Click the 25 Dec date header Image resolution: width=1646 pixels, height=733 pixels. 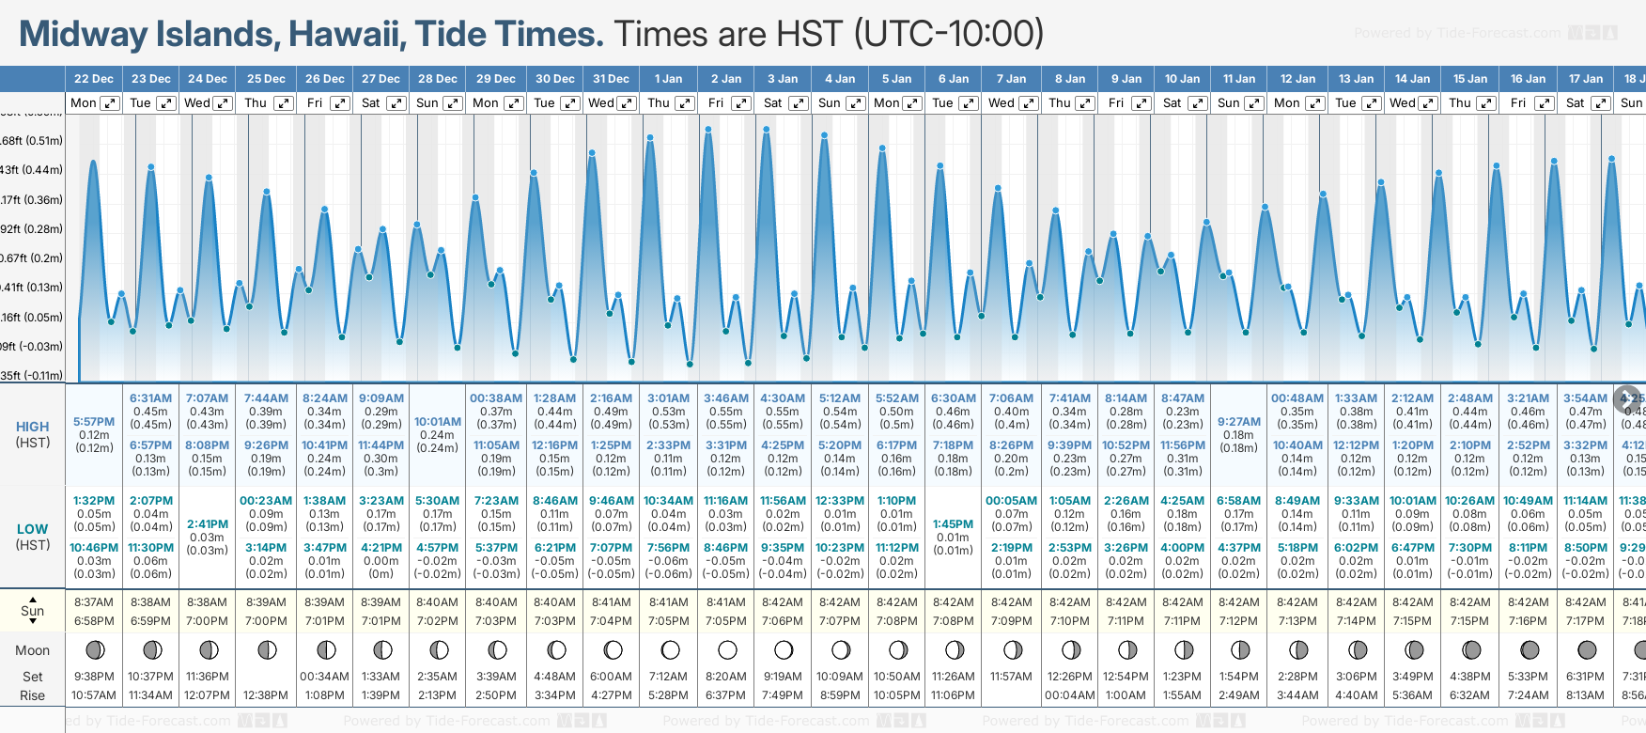pyautogui.click(x=266, y=79)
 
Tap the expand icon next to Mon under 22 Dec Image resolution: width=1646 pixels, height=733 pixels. pyautogui.click(x=110, y=103)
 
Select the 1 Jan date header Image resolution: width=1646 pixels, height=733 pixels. pyautogui.click(x=669, y=79)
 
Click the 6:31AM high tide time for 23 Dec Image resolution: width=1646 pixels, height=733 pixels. pyautogui.click(x=151, y=398)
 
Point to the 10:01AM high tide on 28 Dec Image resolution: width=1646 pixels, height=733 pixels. pyautogui.click(x=438, y=422)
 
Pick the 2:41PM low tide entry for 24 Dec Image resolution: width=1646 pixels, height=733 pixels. pyautogui.click(x=207, y=524)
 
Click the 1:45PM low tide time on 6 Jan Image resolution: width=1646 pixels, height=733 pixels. pyautogui.click(x=954, y=524)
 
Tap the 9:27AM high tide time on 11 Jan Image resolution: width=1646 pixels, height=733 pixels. pyautogui.click(x=1239, y=422)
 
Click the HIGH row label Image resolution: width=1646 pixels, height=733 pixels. pyautogui.click(x=33, y=427)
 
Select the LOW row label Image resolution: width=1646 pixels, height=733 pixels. pyautogui.click(x=33, y=529)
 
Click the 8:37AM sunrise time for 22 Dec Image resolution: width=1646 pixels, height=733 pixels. pyautogui.click(x=94, y=602)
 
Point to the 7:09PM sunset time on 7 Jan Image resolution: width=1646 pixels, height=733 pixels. pyautogui.click(x=1011, y=621)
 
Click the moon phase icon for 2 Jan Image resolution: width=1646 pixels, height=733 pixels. pyautogui.click(x=727, y=649)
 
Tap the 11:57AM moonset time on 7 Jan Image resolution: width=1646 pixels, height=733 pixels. pyautogui.click(x=1011, y=677)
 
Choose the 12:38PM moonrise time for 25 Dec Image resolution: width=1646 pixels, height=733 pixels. pyautogui.click(x=266, y=695)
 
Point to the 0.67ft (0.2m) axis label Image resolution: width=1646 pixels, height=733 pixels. pyautogui.click(x=32, y=258)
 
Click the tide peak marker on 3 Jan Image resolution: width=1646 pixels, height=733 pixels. pyautogui.click(x=768, y=129)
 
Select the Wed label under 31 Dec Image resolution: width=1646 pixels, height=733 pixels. pyautogui.click(x=601, y=103)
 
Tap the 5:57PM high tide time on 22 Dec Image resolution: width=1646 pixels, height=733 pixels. pyautogui.click(x=94, y=422)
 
